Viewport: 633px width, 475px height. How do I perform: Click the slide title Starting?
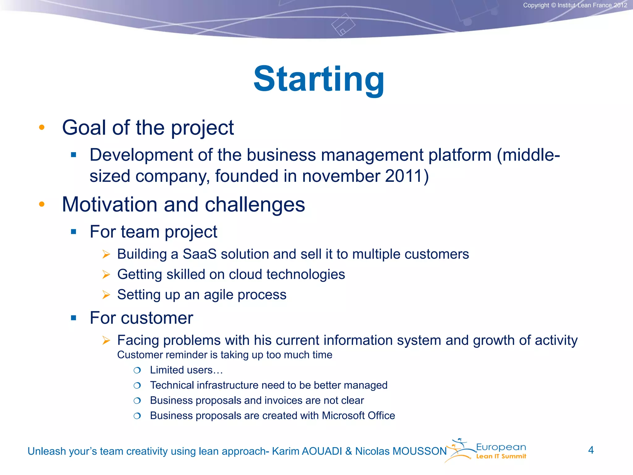tap(319, 79)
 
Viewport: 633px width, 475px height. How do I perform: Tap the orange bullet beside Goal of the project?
tap(42, 127)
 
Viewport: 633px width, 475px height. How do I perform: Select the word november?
tap(341, 176)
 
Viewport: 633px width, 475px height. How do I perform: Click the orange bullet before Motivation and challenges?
tap(42, 204)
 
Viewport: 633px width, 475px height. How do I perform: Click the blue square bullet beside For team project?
tap(74, 232)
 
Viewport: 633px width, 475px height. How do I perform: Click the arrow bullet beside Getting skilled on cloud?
tap(106, 274)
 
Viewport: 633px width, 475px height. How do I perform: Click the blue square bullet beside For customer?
tap(74, 318)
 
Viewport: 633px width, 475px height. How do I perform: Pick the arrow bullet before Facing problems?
tap(106, 340)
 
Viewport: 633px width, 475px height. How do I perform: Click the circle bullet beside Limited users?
tap(137, 370)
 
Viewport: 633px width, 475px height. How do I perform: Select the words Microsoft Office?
tap(358, 416)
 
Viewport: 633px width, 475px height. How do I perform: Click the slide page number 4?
tap(591, 450)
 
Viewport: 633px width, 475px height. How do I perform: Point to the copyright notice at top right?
tap(575, 5)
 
